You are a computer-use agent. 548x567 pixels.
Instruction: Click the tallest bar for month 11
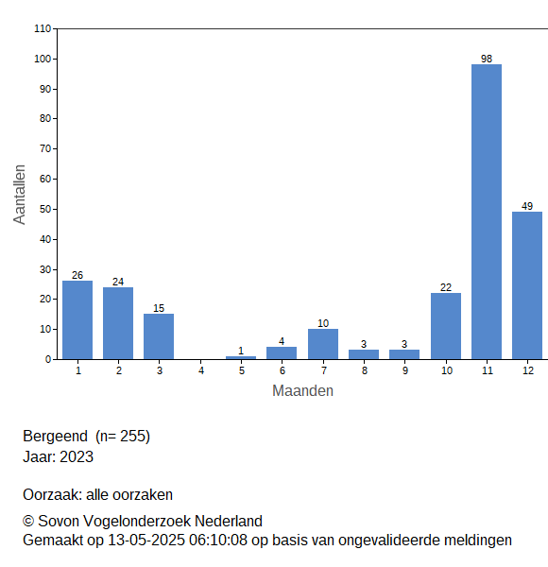click(x=487, y=212)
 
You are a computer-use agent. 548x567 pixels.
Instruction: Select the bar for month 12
click(x=527, y=285)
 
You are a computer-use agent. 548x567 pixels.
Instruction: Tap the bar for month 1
click(x=77, y=320)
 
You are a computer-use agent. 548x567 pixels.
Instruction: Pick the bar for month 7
click(x=323, y=344)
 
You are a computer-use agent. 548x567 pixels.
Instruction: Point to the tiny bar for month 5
click(x=241, y=357)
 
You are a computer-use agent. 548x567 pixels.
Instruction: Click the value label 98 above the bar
click(x=487, y=59)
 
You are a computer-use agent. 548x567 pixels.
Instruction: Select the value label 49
click(x=527, y=206)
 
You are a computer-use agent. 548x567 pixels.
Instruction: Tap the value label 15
click(x=159, y=308)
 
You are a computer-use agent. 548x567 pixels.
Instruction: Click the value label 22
click(x=446, y=287)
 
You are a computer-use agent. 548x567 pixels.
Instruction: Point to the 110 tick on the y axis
click(x=43, y=28)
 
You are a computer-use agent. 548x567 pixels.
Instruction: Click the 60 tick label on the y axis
click(x=45, y=179)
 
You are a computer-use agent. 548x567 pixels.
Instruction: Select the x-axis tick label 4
click(x=201, y=370)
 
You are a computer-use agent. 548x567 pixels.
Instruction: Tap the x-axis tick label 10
click(x=446, y=370)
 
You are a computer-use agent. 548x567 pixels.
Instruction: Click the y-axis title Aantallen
click(x=20, y=195)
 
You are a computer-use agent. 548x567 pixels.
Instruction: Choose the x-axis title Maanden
click(x=302, y=391)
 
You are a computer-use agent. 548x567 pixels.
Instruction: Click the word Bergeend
click(x=56, y=436)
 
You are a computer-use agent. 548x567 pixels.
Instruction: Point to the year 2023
click(x=77, y=456)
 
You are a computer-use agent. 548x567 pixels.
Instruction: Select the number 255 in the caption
click(x=132, y=436)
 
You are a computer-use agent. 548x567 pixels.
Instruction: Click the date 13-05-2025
click(x=146, y=541)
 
